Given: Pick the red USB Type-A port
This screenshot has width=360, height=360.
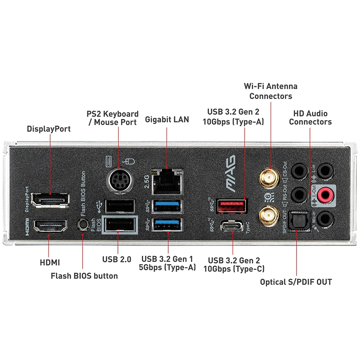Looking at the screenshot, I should click(x=232, y=206).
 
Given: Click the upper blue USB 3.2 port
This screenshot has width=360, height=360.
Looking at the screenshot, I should click(x=168, y=206).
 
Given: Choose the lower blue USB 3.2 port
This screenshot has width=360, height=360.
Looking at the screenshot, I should click(x=168, y=225).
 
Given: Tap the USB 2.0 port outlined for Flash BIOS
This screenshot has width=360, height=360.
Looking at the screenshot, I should click(x=120, y=225).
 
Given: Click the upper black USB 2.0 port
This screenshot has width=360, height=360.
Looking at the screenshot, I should click(x=120, y=206).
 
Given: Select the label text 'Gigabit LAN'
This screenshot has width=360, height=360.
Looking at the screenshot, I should click(x=167, y=120).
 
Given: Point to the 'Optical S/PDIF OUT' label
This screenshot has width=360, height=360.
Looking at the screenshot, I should click(x=296, y=282).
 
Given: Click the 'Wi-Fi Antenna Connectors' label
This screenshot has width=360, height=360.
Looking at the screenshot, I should click(x=270, y=91).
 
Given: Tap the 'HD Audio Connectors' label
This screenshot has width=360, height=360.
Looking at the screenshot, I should click(x=310, y=117).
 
